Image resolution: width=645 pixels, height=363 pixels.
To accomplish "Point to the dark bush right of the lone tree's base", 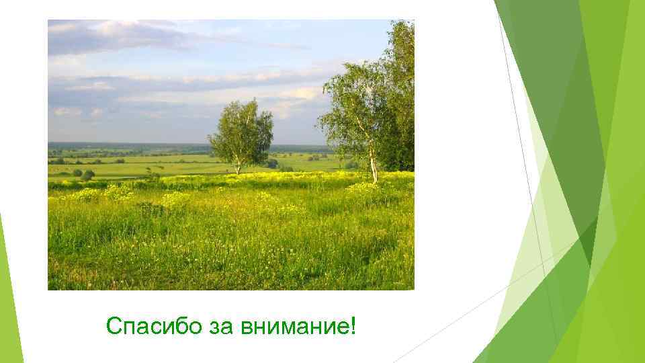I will pos(272,163).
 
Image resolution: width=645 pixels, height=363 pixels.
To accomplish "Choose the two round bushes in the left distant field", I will pos(83,174).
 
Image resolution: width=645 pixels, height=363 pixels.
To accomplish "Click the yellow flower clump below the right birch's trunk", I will pos(366,188).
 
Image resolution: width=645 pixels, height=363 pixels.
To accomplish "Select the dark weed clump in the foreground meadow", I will pos(151,208).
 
